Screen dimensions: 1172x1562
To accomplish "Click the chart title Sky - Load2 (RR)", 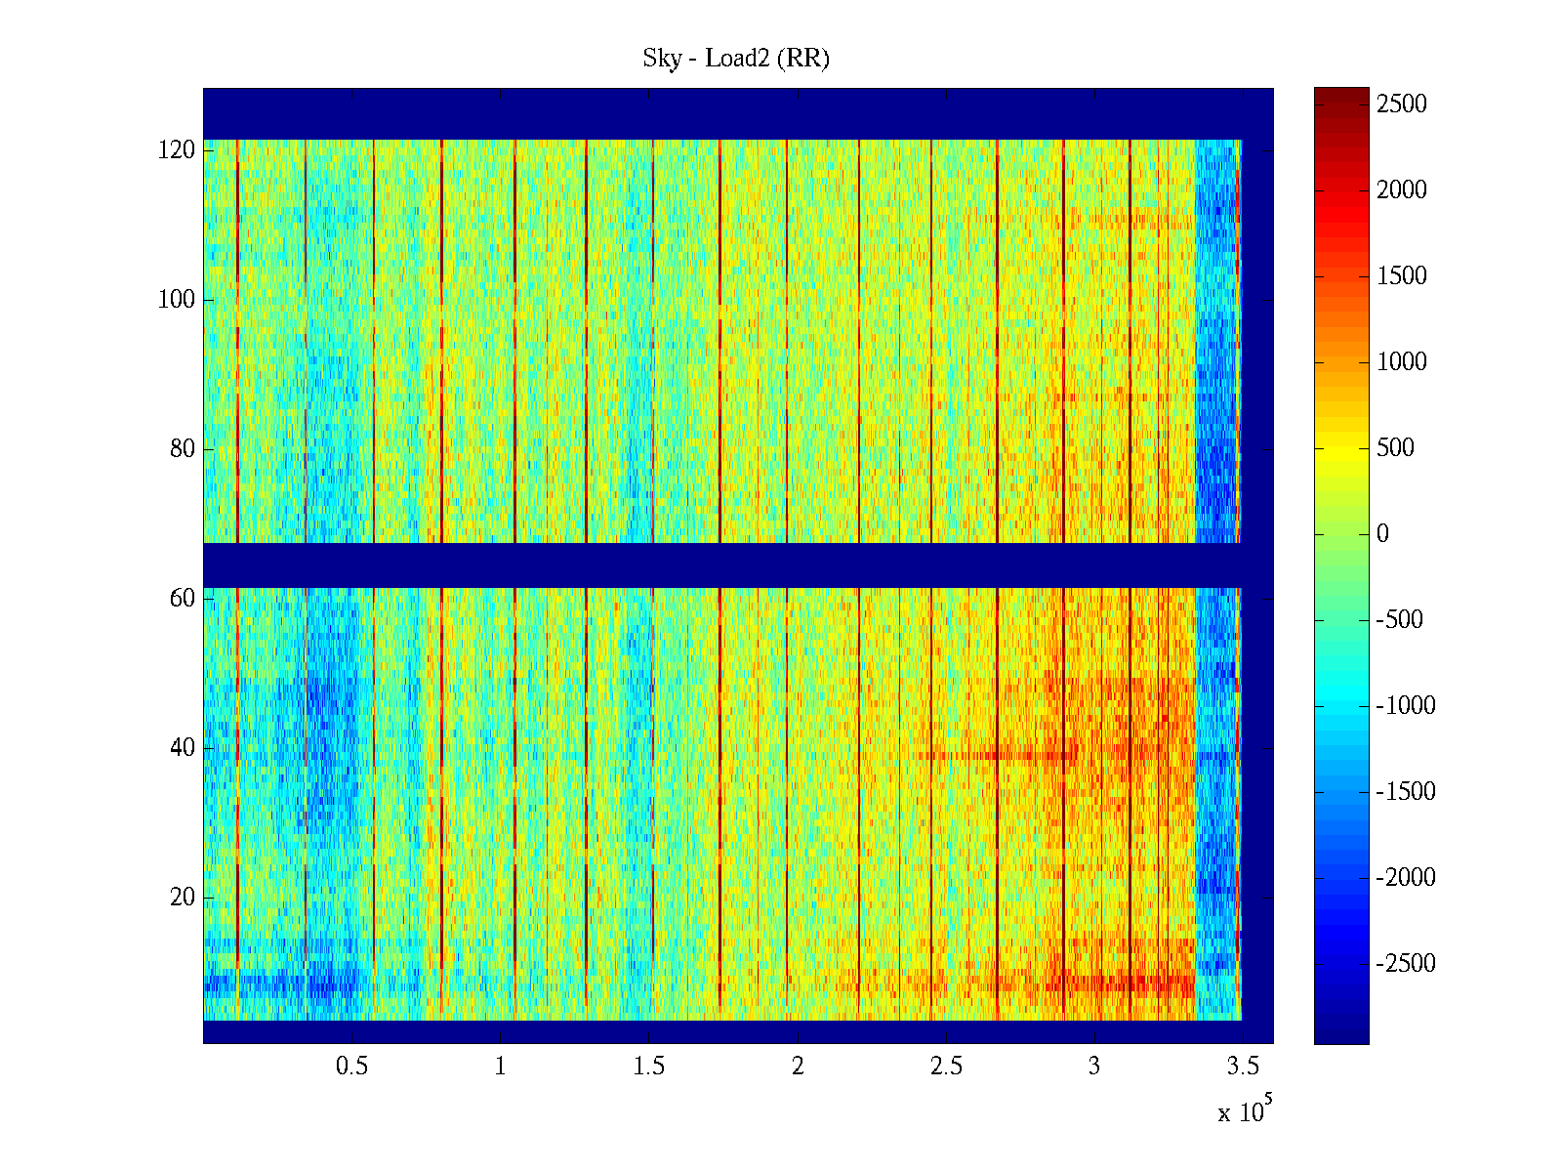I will point(736,59).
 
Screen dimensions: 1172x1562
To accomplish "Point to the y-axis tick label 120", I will point(177,150).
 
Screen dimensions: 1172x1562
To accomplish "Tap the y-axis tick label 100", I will point(177,300).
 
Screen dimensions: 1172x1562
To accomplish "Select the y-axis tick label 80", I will point(183,449).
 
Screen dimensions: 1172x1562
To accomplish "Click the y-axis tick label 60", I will point(183,599).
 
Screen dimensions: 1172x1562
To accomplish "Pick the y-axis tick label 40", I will point(183,748).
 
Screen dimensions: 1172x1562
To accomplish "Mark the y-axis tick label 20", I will point(183,898).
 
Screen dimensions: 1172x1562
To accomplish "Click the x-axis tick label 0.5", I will point(351,1067).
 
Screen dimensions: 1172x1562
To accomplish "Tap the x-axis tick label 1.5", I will point(649,1067).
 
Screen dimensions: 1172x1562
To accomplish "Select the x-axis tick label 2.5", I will point(946,1067).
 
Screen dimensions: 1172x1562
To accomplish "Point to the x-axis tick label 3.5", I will point(1243,1067).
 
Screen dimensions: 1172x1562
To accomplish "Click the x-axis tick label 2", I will point(798,1067).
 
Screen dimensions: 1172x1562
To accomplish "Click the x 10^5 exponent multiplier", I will point(1244,1110).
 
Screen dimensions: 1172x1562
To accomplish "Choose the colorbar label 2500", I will point(1402,105).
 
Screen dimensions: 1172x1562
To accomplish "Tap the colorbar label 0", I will point(1382,534).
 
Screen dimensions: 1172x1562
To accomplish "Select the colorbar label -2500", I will point(1406,964).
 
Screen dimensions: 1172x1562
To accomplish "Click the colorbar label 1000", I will point(1402,362).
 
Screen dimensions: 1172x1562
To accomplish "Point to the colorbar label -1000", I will point(1406,706).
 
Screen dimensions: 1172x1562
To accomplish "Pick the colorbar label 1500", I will point(1402,276).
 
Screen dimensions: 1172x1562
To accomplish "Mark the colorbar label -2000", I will point(1406,878).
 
